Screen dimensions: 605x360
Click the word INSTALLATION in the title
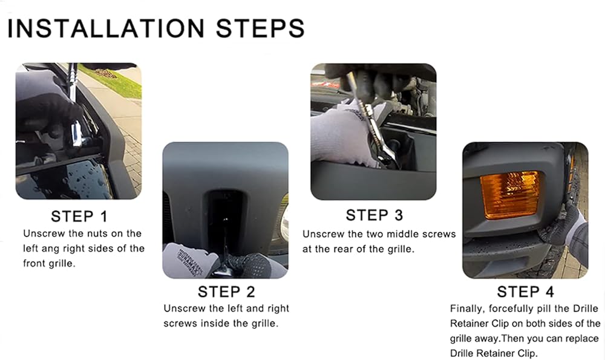click(106, 28)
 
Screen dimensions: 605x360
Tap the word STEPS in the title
click(260, 28)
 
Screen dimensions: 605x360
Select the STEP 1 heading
click(79, 217)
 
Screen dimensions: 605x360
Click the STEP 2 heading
click(226, 292)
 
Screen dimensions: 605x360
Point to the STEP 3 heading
click(374, 215)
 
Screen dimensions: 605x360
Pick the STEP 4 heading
click(526, 292)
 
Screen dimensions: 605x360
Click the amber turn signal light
click(509, 195)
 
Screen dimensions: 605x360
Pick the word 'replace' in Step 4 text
click(582, 339)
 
